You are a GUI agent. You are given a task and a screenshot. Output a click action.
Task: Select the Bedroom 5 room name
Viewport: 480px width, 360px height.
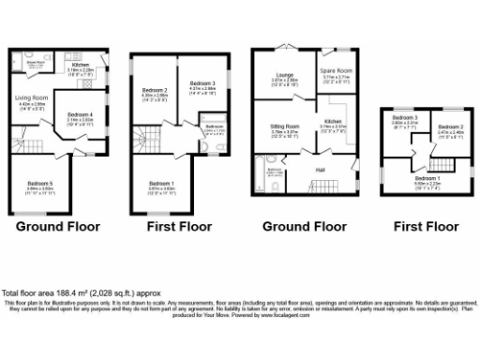pos(41,183)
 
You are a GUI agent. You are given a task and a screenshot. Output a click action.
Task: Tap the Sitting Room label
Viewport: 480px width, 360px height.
pos(285,126)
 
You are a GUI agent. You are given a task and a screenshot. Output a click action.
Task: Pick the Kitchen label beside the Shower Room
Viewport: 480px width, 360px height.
pos(82,65)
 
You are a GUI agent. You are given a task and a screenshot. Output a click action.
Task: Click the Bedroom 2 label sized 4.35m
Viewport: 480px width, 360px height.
pos(153,89)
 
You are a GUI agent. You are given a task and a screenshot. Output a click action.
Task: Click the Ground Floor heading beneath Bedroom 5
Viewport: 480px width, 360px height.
pos(58,226)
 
